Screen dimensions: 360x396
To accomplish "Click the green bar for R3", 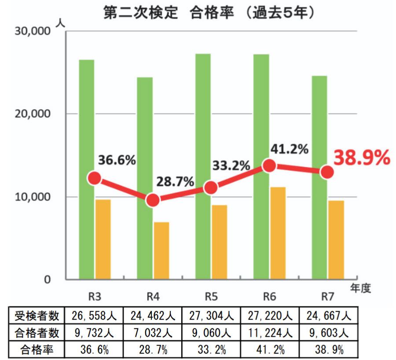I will (x=87, y=169).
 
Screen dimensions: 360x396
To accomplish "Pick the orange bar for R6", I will (x=278, y=233).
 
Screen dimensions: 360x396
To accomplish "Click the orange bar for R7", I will (x=336, y=239).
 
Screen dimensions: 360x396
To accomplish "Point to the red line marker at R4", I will (x=153, y=200).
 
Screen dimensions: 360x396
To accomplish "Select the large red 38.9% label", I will (x=361, y=158).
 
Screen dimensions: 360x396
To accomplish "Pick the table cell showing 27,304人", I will (x=211, y=316).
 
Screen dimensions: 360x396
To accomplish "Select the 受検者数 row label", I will (x=37, y=316).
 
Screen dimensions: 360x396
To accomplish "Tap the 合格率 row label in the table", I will (x=37, y=349).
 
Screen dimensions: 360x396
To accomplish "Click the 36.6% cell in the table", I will (x=94, y=349).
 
